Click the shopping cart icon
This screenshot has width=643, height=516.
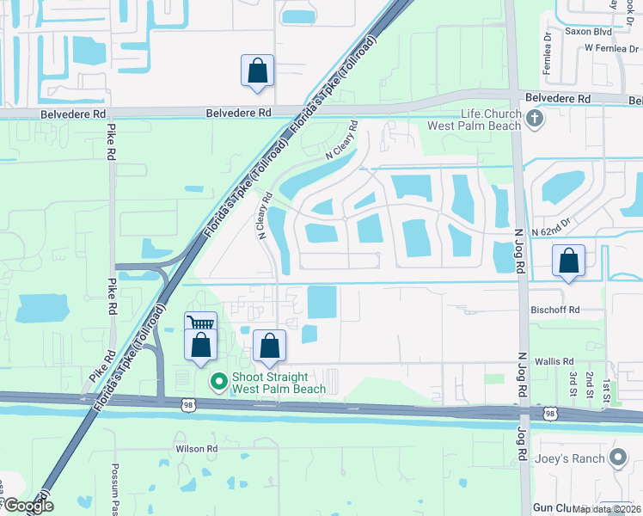coord(200,324)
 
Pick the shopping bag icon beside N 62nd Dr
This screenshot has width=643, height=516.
coord(568,260)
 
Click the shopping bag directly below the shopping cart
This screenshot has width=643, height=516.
coord(200,345)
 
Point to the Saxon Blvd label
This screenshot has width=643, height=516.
coord(587,31)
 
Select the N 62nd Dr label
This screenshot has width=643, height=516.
coord(550,232)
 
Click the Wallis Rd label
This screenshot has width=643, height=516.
coord(554,362)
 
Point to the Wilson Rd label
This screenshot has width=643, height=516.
coord(196,449)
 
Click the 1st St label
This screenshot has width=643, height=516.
coord(606,384)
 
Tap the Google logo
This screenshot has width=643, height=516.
coord(28,506)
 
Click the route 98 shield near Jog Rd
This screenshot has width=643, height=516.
coord(549,414)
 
